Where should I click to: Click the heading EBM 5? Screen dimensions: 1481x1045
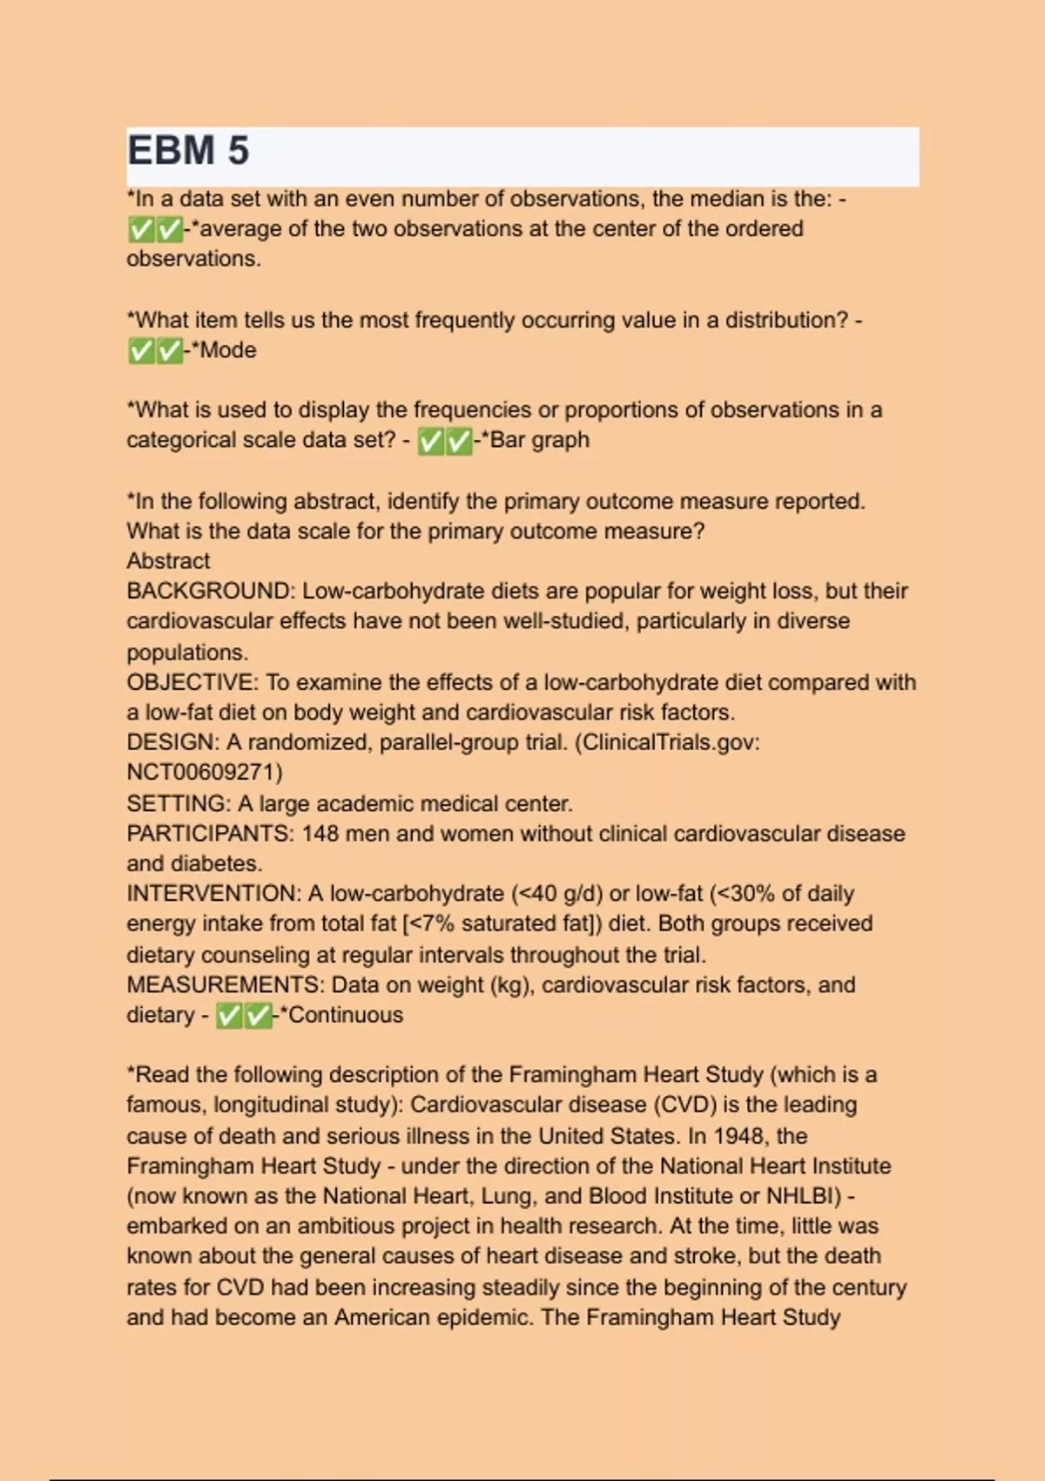188,151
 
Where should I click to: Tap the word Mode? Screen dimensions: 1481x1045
228,350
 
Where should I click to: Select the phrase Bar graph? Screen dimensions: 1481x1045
540,440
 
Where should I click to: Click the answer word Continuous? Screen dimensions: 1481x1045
346,1015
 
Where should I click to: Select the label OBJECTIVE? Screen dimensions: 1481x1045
192,682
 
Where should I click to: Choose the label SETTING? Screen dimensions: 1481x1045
179,803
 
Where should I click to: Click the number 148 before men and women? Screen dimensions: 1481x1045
320,834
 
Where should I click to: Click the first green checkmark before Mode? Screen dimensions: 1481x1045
140,351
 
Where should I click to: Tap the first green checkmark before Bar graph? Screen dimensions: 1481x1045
430,442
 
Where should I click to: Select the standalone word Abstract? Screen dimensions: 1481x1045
168,561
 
